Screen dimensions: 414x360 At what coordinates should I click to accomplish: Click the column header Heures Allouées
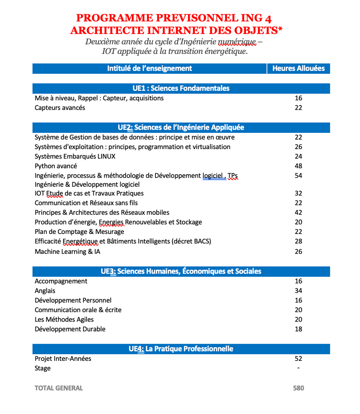pyautogui.click(x=298, y=69)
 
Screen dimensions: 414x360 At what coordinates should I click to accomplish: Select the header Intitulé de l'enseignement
pyautogui.click(x=149, y=69)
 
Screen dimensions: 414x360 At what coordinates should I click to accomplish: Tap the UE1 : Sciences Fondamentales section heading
pyautogui.click(x=181, y=88)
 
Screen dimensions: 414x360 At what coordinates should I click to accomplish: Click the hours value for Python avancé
pyautogui.click(x=299, y=166)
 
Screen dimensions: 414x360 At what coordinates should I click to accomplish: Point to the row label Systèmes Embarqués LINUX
pyautogui.click(x=75, y=157)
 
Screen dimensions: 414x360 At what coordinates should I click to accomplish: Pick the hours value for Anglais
pyautogui.click(x=299, y=291)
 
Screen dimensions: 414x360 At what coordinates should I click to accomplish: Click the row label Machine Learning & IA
pyautogui.click(x=67, y=251)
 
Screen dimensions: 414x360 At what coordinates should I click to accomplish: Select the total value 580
pyautogui.click(x=299, y=388)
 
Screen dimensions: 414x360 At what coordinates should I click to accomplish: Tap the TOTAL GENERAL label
pyautogui.click(x=59, y=388)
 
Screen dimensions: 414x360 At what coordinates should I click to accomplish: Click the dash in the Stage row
pyautogui.click(x=298, y=368)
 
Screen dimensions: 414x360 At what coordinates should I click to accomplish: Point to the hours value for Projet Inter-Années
pyautogui.click(x=299, y=358)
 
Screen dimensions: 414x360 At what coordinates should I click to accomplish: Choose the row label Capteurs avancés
pyautogui.click(x=60, y=108)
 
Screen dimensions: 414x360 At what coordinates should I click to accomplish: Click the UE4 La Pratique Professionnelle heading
pyautogui.click(x=181, y=349)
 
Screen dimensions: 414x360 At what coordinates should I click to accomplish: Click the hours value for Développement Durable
pyautogui.click(x=299, y=329)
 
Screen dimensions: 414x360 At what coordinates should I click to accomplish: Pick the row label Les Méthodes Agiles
pyautogui.click(x=64, y=320)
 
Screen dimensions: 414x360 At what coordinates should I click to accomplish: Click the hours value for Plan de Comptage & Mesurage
pyautogui.click(x=299, y=232)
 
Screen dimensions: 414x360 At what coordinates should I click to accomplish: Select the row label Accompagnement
pyautogui.click(x=61, y=281)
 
